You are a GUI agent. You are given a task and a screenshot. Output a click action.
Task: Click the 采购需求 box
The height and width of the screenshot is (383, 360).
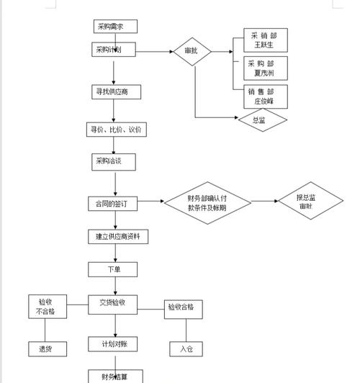point(115,27)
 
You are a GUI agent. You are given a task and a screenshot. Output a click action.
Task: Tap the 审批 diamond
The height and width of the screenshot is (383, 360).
point(192,52)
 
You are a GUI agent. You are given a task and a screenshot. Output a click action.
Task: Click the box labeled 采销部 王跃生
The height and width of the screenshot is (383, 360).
point(267,40)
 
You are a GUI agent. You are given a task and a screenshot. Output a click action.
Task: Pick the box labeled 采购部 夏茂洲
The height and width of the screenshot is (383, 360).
point(267,68)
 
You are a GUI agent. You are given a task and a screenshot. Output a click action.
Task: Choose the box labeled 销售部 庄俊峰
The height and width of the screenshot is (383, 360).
point(267,96)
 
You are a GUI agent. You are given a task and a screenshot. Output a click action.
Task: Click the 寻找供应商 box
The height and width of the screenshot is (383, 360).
point(116,92)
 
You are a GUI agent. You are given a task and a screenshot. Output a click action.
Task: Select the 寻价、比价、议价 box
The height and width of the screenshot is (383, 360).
point(116,130)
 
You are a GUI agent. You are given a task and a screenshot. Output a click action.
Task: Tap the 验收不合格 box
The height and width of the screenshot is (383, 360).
point(46,307)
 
